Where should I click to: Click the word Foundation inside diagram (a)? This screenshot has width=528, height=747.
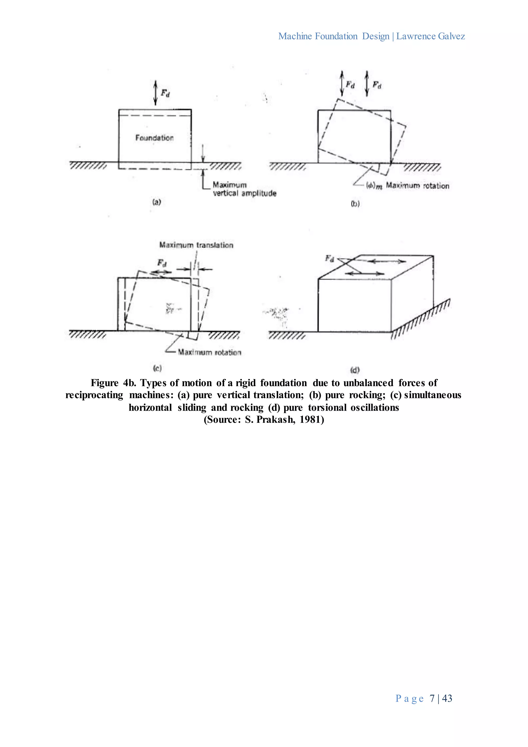[x=154, y=138]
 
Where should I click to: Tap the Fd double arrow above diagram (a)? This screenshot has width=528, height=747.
[x=155, y=93]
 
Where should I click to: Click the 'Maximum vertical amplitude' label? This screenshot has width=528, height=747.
[x=244, y=189]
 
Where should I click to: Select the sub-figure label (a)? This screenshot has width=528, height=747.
[x=157, y=202]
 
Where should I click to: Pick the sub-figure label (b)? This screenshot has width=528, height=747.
[x=355, y=204]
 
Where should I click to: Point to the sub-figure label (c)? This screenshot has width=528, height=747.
[x=157, y=368]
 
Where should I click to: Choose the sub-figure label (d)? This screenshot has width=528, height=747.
[x=355, y=370]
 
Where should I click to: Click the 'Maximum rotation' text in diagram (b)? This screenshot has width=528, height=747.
[x=417, y=186]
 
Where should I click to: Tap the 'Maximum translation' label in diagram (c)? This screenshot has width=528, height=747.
[x=196, y=245]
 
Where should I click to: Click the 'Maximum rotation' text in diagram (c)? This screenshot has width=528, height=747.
[x=210, y=352]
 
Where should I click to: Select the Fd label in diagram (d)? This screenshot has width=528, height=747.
[x=330, y=259]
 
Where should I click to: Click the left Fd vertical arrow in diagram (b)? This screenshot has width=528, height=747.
[x=342, y=84]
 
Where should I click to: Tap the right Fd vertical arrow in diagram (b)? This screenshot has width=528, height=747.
[x=367, y=84]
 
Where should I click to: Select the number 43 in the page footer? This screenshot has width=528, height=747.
[x=447, y=698]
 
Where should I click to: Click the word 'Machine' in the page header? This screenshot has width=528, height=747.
[x=295, y=36]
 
